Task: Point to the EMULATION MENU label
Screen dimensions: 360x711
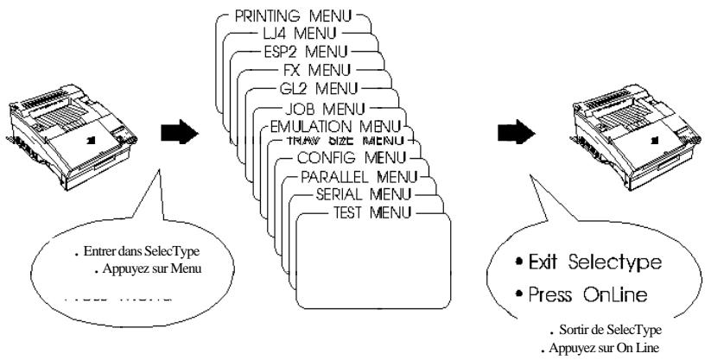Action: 341,126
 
